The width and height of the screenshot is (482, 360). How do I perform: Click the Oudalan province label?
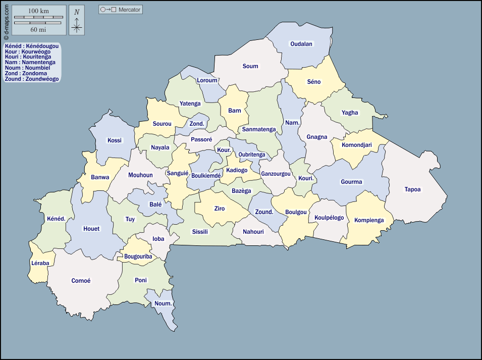(x=301, y=44)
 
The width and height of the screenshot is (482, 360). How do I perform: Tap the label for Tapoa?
(x=412, y=190)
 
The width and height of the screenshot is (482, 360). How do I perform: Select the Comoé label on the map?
(x=81, y=281)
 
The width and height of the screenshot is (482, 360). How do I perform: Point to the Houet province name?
(x=91, y=229)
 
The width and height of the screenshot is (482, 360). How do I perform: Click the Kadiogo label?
(x=237, y=171)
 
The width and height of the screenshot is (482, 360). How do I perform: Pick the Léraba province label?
(x=40, y=263)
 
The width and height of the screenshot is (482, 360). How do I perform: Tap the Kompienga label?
(x=369, y=220)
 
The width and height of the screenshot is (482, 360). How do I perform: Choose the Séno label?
(x=314, y=82)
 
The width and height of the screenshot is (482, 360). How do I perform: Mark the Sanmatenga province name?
(x=259, y=129)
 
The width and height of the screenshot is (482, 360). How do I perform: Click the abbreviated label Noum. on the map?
(x=164, y=303)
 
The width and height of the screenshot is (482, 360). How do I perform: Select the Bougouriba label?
(x=138, y=256)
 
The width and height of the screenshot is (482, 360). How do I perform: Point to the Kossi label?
(x=115, y=140)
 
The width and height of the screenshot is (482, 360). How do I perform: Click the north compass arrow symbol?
(x=77, y=20)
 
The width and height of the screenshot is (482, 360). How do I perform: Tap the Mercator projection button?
(x=121, y=10)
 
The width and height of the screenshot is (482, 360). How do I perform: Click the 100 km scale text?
(x=38, y=11)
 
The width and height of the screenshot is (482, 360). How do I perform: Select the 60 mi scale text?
(x=38, y=29)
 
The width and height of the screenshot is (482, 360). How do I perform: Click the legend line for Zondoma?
(x=26, y=73)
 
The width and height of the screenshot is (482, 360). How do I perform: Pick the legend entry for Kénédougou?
(x=32, y=46)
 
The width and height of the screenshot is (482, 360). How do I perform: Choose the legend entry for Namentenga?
(x=30, y=62)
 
